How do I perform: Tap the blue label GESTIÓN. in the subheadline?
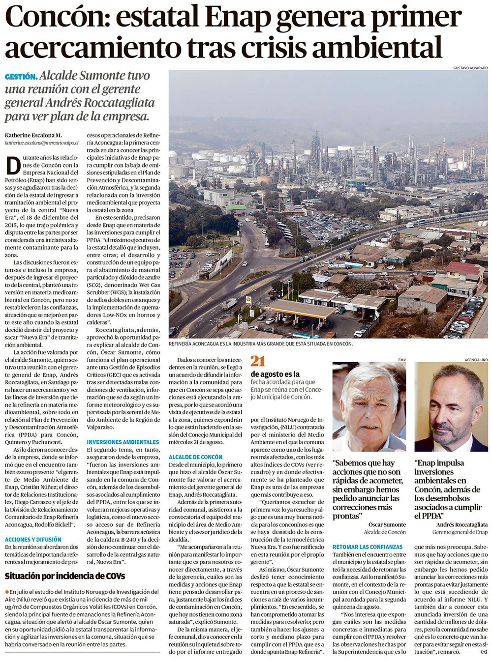coord(21,77)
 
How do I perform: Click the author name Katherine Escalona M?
coord(33,135)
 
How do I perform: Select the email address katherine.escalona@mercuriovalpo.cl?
coord(43,143)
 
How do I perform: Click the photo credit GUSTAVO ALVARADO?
coord(470,67)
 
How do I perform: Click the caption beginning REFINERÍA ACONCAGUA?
coord(260,344)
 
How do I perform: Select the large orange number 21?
coord(258,361)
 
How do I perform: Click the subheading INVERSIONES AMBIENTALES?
coord(123,442)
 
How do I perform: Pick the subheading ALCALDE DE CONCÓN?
coord(195,457)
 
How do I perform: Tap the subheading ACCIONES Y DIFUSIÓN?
coord(33,539)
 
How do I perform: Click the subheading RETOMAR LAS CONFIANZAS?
coord(368,547)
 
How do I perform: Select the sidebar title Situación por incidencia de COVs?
coord(65,576)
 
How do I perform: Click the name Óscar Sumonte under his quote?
coord(387,525)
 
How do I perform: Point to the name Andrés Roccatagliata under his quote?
coord(455,525)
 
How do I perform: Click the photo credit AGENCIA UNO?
coord(476,360)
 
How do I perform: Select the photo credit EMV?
coord(401,360)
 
